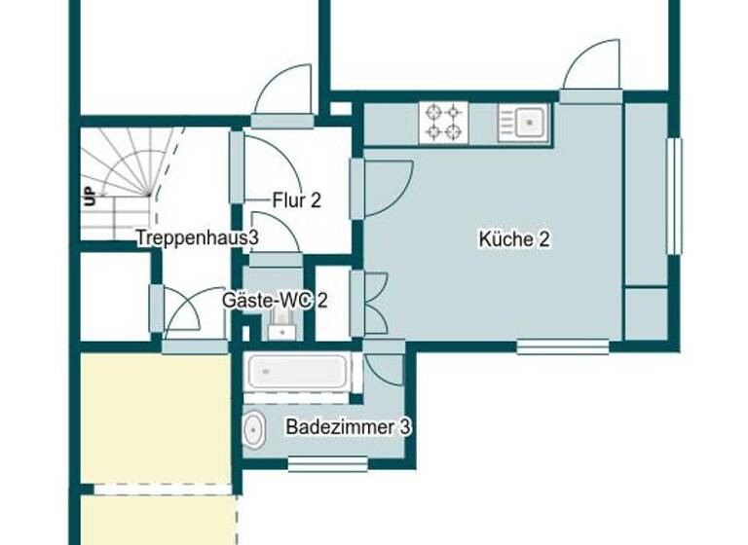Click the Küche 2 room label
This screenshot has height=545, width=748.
point(514,238)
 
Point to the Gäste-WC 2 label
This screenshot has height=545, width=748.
point(274,301)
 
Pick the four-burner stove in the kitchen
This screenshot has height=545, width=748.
point(442,123)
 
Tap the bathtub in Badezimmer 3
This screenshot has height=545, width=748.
point(298,371)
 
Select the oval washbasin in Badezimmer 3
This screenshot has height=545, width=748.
point(253,429)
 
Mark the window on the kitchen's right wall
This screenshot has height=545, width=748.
point(673,196)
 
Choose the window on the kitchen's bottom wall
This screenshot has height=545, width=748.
point(562,345)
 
